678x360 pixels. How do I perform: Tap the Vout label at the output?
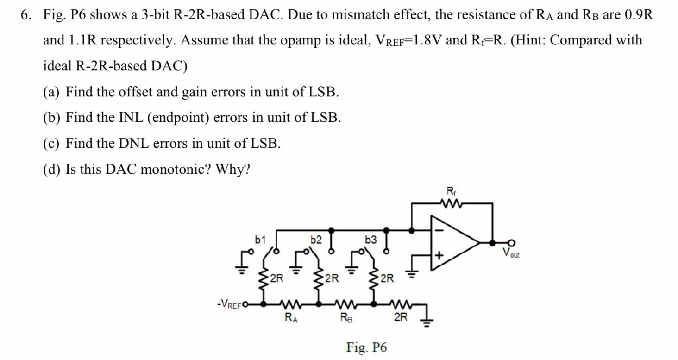[x=511, y=253]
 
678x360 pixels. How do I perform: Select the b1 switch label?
[x=260, y=240]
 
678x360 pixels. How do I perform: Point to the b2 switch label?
[x=316, y=240]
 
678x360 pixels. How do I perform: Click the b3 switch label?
[x=371, y=240]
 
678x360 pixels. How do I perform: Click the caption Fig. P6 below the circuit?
[x=366, y=347]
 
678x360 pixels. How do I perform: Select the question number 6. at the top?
[x=27, y=15]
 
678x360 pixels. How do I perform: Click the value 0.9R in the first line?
[x=639, y=15]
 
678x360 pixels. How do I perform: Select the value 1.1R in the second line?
[x=83, y=40]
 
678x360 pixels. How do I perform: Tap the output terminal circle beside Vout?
[x=511, y=242]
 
